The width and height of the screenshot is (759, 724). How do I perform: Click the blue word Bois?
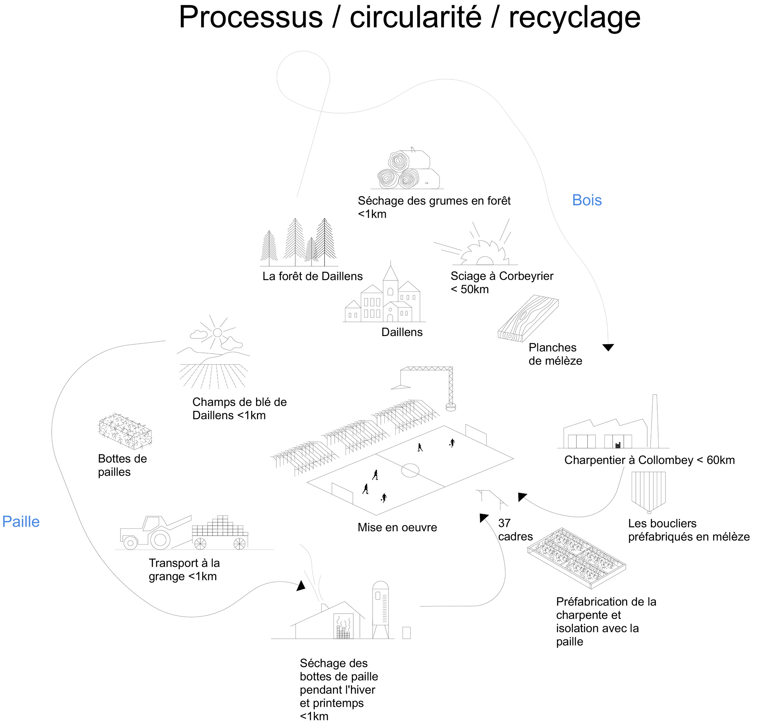(x=586, y=200)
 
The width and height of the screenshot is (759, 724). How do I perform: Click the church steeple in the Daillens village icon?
(x=390, y=275)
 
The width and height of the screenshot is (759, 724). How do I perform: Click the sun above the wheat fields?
(x=217, y=332)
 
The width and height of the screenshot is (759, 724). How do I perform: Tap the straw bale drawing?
(x=125, y=431)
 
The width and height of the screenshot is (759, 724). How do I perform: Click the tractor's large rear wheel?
(x=160, y=539)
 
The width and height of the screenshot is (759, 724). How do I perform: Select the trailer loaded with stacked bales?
(x=220, y=532)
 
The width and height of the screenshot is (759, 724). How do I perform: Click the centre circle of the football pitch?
(x=410, y=470)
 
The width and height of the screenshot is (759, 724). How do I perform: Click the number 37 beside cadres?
(x=504, y=523)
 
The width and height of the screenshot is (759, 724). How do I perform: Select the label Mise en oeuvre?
(x=397, y=527)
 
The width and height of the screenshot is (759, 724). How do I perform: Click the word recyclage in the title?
(x=574, y=17)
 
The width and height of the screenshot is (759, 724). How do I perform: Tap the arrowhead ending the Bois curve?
(x=608, y=347)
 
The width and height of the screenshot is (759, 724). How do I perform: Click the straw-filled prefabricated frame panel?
(x=576, y=558)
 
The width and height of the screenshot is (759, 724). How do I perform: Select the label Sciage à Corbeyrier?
(x=502, y=276)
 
